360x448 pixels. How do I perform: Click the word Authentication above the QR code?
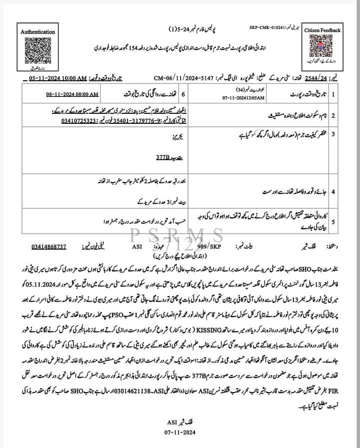coord(38,31)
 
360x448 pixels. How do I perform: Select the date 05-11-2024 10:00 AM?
coord(58,79)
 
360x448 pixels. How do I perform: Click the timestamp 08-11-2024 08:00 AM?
coord(72,94)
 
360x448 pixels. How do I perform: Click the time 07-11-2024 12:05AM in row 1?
coord(223,98)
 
